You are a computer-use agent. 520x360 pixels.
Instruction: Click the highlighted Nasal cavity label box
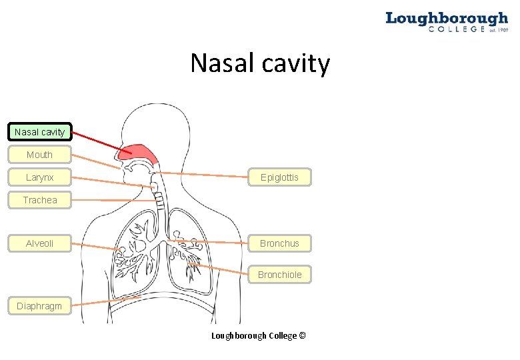(x=39, y=132)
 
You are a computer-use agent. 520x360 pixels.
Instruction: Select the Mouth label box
(x=39, y=155)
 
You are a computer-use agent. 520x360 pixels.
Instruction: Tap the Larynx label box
(x=39, y=177)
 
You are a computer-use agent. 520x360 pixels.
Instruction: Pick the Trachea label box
(x=39, y=200)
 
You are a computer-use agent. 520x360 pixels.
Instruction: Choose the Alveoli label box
(x=39, y=243)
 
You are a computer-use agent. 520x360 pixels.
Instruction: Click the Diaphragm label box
(x=39, y=306)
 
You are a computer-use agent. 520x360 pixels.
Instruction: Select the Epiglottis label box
(x=279, y=177)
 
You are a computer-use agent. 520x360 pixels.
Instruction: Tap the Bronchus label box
(x=279, y=243)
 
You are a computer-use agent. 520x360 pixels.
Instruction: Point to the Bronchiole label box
(x=279, y=275)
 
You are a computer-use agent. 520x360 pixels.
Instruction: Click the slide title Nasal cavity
(x=260, y=63)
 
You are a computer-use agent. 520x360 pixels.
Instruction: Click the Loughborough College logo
(x=446, y=21)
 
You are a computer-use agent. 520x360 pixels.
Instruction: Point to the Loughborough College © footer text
(x=259, y=335)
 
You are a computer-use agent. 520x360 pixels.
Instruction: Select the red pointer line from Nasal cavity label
(x=97, y=141)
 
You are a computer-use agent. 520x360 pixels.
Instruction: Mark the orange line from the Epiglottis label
(x=200, y=175)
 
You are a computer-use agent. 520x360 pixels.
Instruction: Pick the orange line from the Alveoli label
(x=97, y=247)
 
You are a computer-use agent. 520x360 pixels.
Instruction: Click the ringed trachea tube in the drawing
(x=159, y=197)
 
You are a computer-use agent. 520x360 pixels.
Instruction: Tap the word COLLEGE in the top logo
(x=456, y=29)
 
